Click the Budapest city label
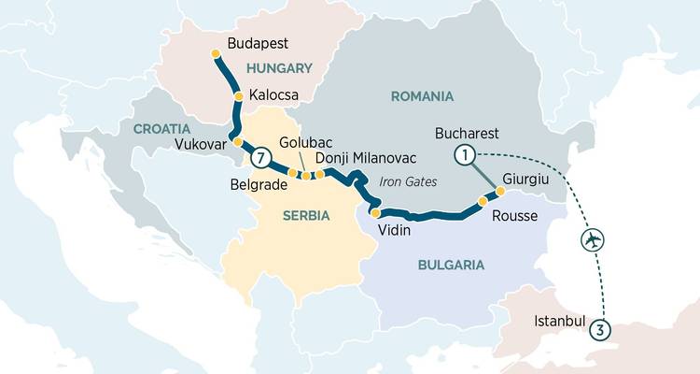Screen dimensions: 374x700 (x=258, y=44)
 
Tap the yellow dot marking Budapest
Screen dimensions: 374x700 (x=217, y=52)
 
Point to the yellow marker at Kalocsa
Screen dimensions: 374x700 (x=238, y=96)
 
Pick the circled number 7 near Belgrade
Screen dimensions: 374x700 (x=263, y=157)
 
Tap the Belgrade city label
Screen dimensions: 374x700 (x=258, y=185)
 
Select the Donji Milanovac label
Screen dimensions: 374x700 (x=366, y=158)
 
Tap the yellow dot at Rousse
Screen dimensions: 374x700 (x=483, y=201)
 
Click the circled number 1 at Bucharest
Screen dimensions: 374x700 (x=464, y=154)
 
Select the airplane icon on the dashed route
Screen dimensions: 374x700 (x=592, y=239)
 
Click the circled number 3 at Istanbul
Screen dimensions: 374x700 (x=602, y=328)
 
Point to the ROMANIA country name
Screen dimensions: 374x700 (x=423, y=96)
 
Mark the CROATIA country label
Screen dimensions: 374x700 (x=161, y=128)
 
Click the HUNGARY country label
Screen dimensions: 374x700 (x=278, y=68)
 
